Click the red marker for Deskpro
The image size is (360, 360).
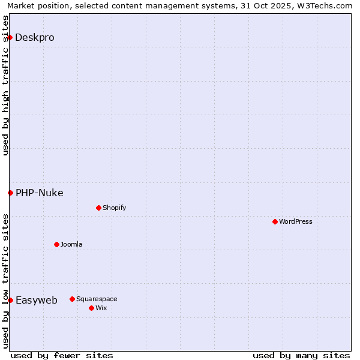tap(10, 37)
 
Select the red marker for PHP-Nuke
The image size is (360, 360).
tap(10, 193)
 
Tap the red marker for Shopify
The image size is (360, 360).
tap(98, 208)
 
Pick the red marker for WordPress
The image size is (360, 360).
tap(275, 221)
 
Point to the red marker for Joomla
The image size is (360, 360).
tap(56, 244)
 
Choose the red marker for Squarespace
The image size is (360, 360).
tap(72, 299)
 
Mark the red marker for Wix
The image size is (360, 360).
tap(91, 308)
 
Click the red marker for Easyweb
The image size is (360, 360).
tap(10, 300)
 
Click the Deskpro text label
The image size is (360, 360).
tap(35, 37)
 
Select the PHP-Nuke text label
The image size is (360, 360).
tap(40, 193)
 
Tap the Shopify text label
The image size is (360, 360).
tap(114, 208)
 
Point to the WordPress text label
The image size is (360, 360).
tap(296, 221)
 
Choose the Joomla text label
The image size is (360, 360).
tap(71, 244)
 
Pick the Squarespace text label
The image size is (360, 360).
tap(97, 299)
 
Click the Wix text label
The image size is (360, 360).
tap(101, 308)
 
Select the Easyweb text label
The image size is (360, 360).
tap(37, 300)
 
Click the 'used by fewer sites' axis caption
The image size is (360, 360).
tap(62, 355)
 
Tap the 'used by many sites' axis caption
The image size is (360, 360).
tap(301, 355)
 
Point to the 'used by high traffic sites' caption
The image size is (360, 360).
tap(5, 85)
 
